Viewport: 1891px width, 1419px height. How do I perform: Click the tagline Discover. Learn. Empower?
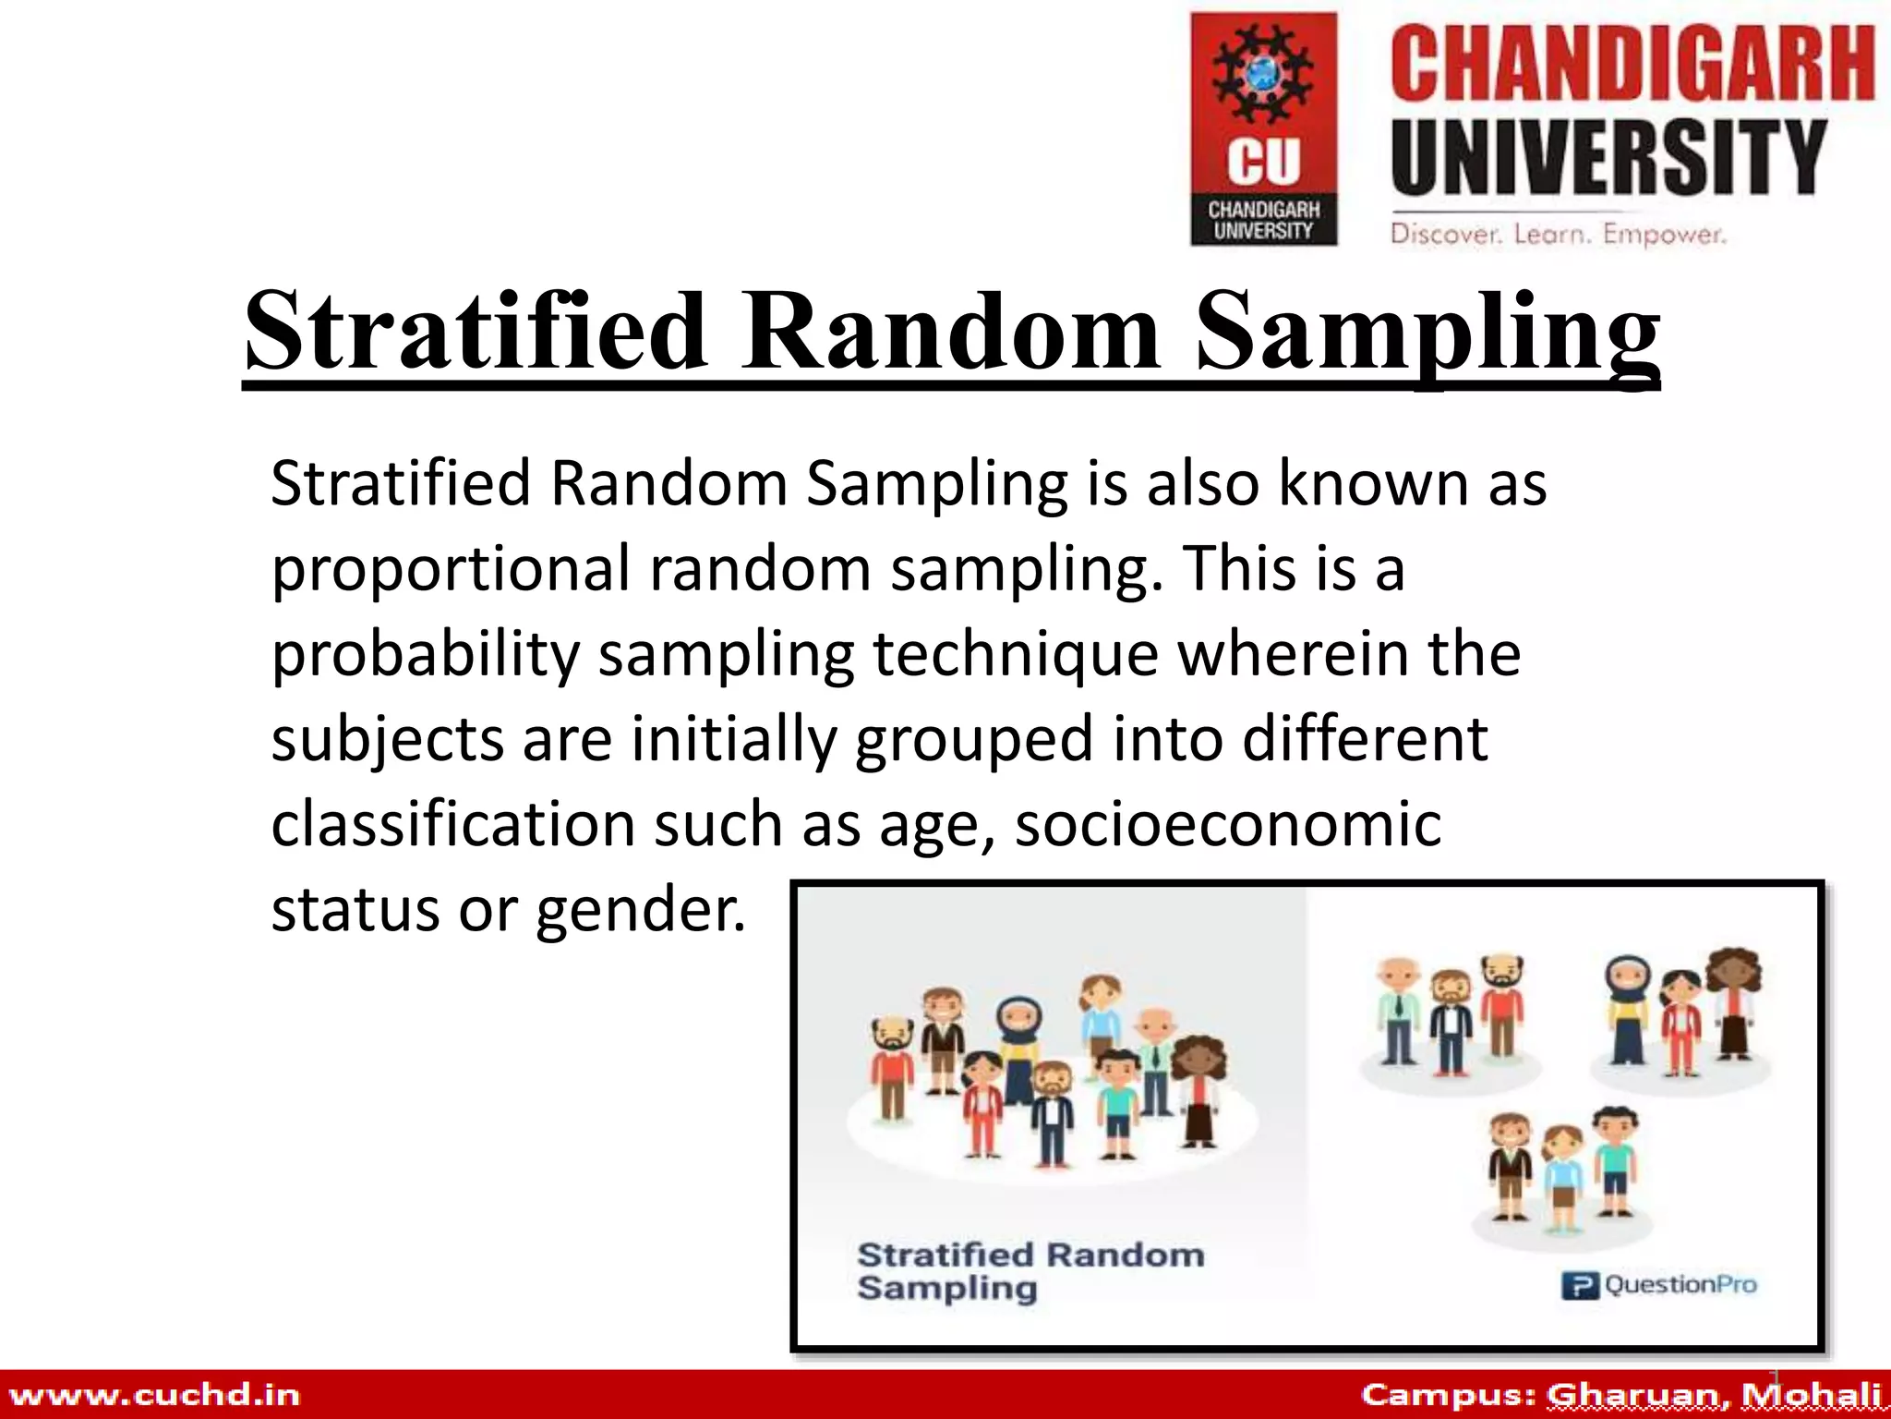[x=1558, y=234]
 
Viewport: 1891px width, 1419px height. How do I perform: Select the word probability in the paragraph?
[x=425, y=655]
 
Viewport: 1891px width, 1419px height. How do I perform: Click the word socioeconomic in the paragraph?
[x=1228, y=825]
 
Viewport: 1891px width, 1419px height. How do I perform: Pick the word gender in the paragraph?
[x=640, y=911]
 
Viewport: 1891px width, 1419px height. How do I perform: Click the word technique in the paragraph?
[x=1016, y=655]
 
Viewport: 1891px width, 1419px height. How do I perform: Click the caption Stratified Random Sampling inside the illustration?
[x=1030, y=1271]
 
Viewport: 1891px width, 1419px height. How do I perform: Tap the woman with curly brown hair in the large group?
[x=1198, y=1090]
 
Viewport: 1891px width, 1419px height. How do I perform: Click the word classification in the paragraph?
[x=452, y=825]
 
